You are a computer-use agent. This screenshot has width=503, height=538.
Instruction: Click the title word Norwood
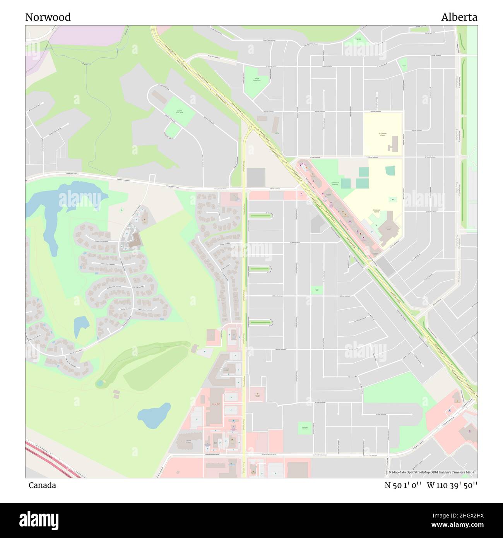tap(48, 17)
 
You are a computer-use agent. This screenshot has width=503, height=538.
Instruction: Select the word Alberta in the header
tap(459, 17)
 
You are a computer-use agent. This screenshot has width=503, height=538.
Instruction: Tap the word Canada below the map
tap(42, 485)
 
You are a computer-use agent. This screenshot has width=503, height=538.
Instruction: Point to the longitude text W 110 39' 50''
tap(452, 485)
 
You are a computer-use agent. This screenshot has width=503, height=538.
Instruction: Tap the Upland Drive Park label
tap(179, 112)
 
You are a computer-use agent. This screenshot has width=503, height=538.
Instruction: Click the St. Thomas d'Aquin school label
tap(382, 134)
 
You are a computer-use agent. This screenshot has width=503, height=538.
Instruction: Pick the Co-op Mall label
tap(216, 403)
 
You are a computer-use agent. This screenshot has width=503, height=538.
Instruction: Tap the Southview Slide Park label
tap(305, 428)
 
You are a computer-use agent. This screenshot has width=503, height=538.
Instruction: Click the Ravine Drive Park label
tap(257, 80)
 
